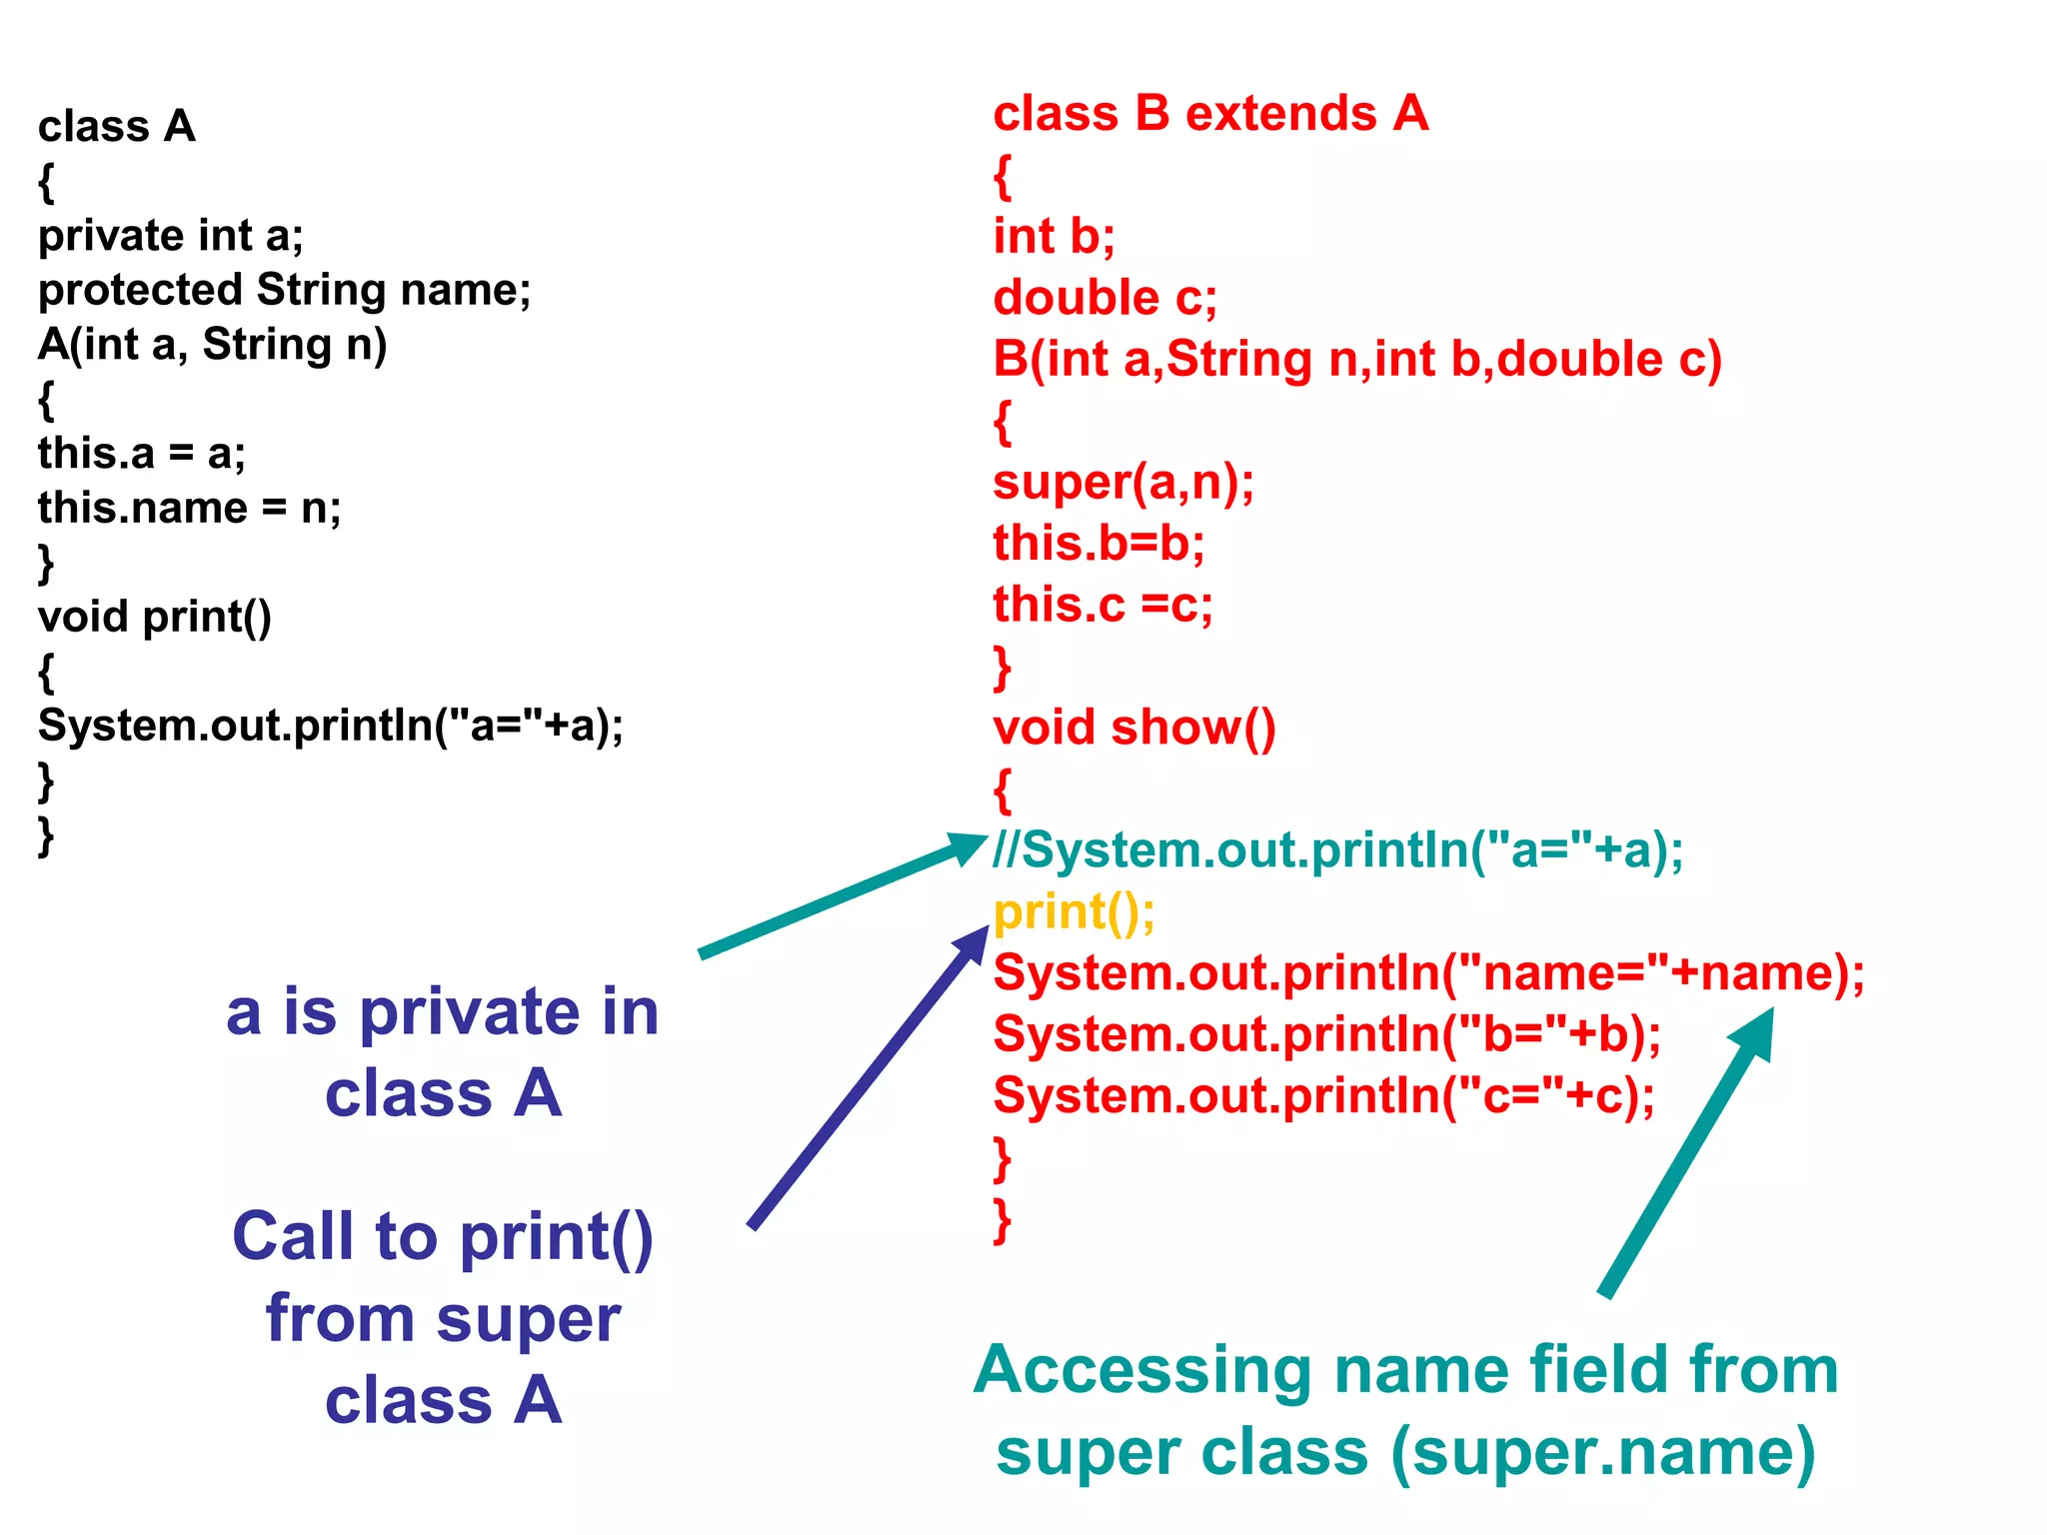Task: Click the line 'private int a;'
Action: tap(170, 236)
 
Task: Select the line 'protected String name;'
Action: tap(284, 290)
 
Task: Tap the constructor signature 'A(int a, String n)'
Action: tap(212, 345)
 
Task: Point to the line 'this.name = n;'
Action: tap(189, 508)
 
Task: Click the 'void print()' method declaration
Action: tap(154, 617)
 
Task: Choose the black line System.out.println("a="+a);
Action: tap(330, 726)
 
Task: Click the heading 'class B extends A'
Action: tap(1210, 113)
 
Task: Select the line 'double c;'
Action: tap(1104, 298)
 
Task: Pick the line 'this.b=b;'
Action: tap(1098, 543)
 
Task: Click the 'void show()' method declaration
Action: tap(1133, 727)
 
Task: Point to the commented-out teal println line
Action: tap(1337, 849)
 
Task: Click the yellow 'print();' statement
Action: tap(1073, 911)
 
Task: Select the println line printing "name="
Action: tap(1428, 972)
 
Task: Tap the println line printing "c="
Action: tap(1323, 1095)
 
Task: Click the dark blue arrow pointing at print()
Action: tap(865, 1079)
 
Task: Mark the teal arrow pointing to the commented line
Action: tap(840, 896)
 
